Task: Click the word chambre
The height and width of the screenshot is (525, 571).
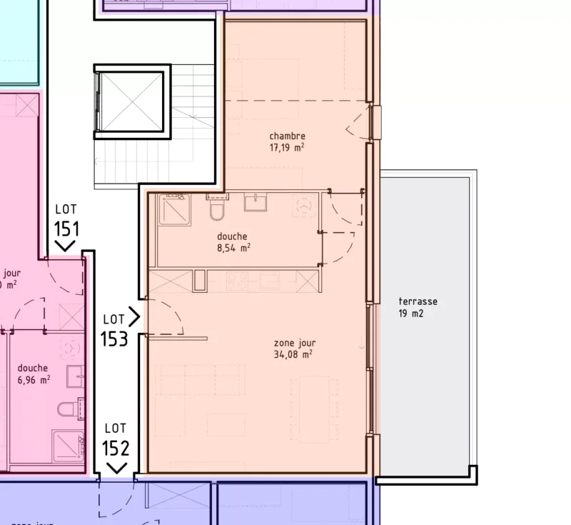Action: [287, 136]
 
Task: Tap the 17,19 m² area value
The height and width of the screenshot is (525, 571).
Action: [287, 148]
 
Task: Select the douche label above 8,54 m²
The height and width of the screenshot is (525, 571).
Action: [232, 236]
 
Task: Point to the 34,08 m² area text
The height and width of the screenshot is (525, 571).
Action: [293, 354]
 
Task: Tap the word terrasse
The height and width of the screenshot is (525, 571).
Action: [418, 301]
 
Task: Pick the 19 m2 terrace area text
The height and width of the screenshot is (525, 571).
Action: [412, 313]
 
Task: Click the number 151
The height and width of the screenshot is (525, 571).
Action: [65, 229]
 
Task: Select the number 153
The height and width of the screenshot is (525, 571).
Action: [114, 338]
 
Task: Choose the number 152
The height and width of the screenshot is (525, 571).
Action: [115, 448]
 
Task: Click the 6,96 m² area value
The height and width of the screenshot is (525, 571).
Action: [34, 380]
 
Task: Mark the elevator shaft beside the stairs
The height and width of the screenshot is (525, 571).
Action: [131, 101]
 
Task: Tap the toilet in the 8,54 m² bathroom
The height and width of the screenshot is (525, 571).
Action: [218, 210]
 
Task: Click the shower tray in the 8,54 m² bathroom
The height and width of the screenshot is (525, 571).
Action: [174, 209]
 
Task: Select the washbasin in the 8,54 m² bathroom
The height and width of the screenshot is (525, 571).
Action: [256, 203]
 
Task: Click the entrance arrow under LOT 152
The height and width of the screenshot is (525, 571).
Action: [116, 468]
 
